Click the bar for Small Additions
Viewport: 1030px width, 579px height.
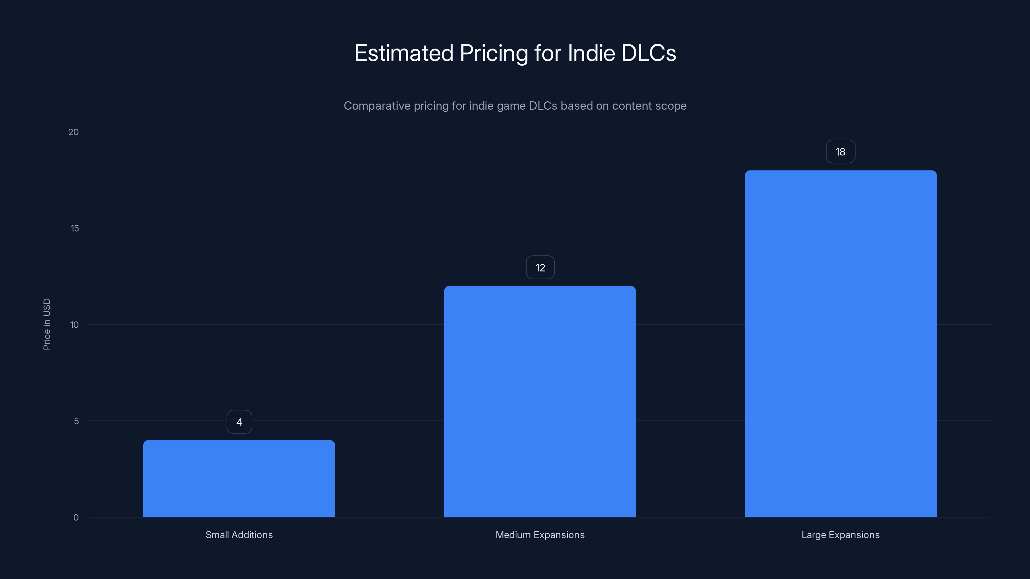tap(239, 478)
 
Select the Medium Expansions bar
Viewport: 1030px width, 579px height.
tap(540, 401)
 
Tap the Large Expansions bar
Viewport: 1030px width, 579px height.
tap(840, 344)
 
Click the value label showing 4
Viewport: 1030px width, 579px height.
tap(239, 422)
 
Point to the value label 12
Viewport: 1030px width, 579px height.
tap(540, 268)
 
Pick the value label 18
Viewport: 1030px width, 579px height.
tap(840, 152)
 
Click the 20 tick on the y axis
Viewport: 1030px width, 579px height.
tap(74, 132)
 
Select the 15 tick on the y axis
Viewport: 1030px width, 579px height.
tap(74, 229)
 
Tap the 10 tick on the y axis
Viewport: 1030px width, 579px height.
tap(74, 325)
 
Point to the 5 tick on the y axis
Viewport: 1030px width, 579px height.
tap(76, 421)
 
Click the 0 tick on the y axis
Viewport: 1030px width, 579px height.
tap(76, 518)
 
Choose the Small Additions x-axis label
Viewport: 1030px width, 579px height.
tap(239, 535)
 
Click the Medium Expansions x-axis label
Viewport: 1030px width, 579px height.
tap(540, 535)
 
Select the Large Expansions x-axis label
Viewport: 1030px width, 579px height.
tap(840, 535)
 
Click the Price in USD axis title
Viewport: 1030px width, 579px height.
tap(47, 324)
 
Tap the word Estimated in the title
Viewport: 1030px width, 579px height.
tap(403, 53)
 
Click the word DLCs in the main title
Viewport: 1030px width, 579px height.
tap(649, 53)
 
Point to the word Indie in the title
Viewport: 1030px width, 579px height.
tap(591, 53)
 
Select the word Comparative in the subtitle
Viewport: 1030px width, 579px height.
tap(377, 106)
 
